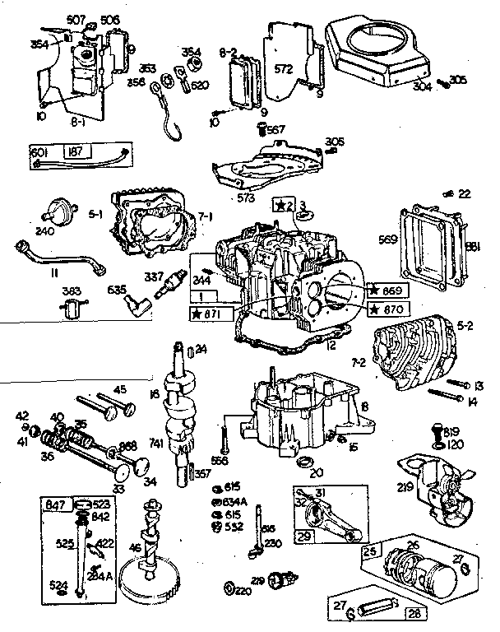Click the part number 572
coord(284,70)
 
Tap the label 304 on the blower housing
coord(424,86)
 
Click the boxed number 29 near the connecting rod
coord(305,535)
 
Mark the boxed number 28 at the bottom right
coord(413,613)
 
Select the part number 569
coord(387,240)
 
